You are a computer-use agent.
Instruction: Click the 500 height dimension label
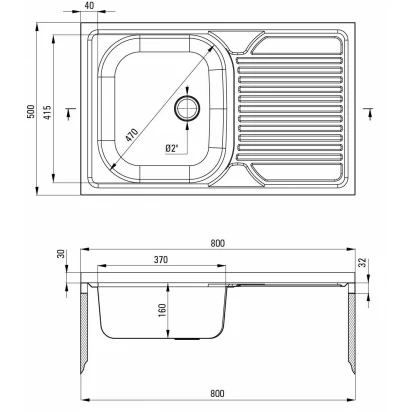[30, 112]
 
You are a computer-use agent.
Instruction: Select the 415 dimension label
[48, 113]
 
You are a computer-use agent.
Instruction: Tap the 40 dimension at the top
[89, 6]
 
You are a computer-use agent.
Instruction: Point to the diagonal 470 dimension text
[132, 135]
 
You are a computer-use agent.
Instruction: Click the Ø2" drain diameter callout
[172, 148]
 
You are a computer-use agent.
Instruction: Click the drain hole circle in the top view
[187, 108]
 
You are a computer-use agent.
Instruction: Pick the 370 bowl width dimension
[161, 259]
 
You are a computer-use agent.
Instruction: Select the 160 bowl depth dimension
[162, 310]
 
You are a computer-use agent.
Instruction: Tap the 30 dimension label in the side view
[61, 254]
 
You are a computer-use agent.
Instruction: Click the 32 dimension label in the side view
[363, 263]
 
